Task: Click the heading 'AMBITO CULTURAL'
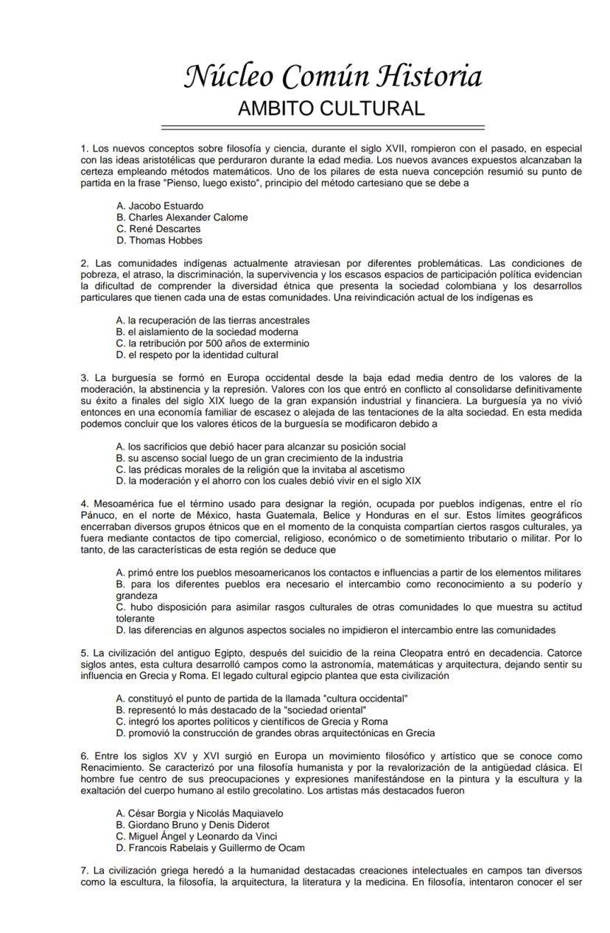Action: pyautogui.click(x=331, y=109)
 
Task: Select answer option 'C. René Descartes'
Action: pyautogui.click(x=158, y=229)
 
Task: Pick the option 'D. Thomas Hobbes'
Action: pyautogui.click(x=159, y=240)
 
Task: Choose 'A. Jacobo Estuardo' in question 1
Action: pyautogui.click(x=160, y=206)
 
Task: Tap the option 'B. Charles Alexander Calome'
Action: pyautogui.click(x=182, y=217)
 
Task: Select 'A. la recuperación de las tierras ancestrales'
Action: pyautogui.click(x=213, y=321)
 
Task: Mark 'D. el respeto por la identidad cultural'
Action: pyautogui.click(x=197, y=354)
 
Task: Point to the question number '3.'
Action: pyautogui.click(x=85, y=378)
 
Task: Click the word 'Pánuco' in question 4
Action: pyautogui.click(x=99, y=516)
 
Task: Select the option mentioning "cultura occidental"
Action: pyautogui.click(x=262, y=699)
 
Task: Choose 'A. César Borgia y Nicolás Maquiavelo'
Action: pyautogui.click(x=200, y=814)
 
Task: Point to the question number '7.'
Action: pyautogui.click(x=85, y=870)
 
